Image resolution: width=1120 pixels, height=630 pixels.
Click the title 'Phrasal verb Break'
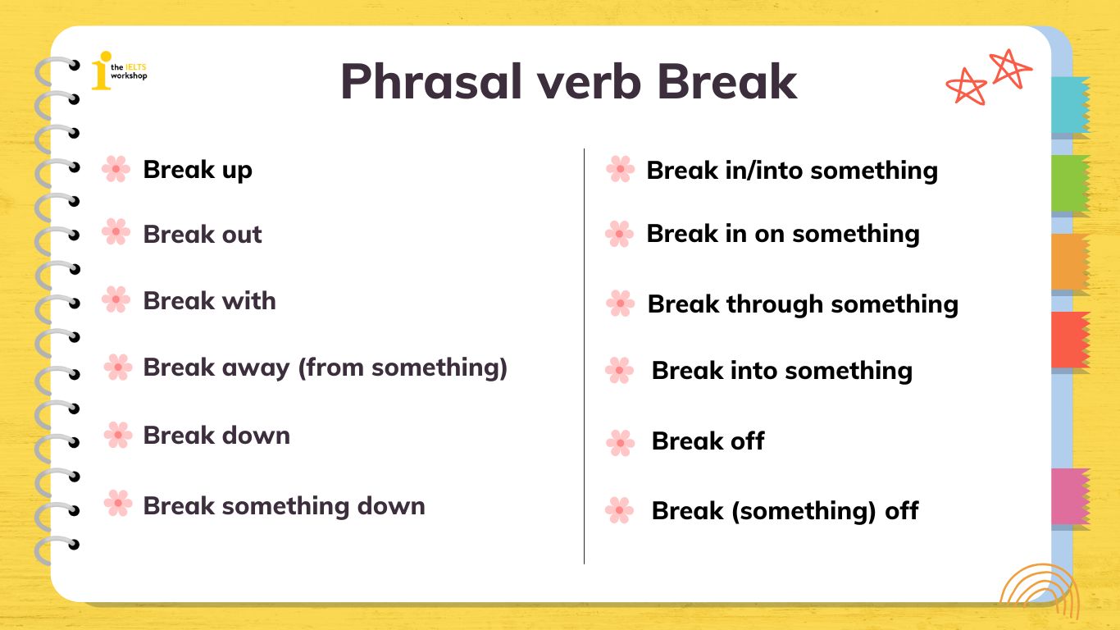(568, 81)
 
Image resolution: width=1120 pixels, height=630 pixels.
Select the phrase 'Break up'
(198, 170)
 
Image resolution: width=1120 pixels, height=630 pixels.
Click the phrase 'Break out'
(203, 235)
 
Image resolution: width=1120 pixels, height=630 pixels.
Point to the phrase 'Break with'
(209, 301)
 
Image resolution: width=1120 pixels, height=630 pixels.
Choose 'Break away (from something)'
(325, 367)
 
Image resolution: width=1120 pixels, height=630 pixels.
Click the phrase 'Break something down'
(284, 505)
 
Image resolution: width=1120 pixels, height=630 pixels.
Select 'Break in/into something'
(791, 171)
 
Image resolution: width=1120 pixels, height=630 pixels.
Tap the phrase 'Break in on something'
(782, 234)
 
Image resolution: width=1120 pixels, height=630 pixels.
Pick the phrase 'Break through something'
(802, 304)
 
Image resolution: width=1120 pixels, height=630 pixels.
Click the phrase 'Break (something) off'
(784, 511)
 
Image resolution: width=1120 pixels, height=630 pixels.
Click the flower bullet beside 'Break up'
(116, 169)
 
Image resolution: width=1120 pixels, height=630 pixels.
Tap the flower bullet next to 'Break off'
(620, 443)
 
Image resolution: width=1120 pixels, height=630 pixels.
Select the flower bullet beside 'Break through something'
(620, 304)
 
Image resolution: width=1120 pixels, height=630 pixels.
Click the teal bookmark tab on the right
(1070, 105)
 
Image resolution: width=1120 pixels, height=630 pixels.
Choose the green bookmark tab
(1070, 183)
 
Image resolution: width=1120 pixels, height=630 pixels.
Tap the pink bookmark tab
(1070, 496)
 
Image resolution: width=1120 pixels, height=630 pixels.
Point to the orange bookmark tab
(1070, 261)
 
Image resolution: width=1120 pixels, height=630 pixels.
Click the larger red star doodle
(1010, 69)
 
